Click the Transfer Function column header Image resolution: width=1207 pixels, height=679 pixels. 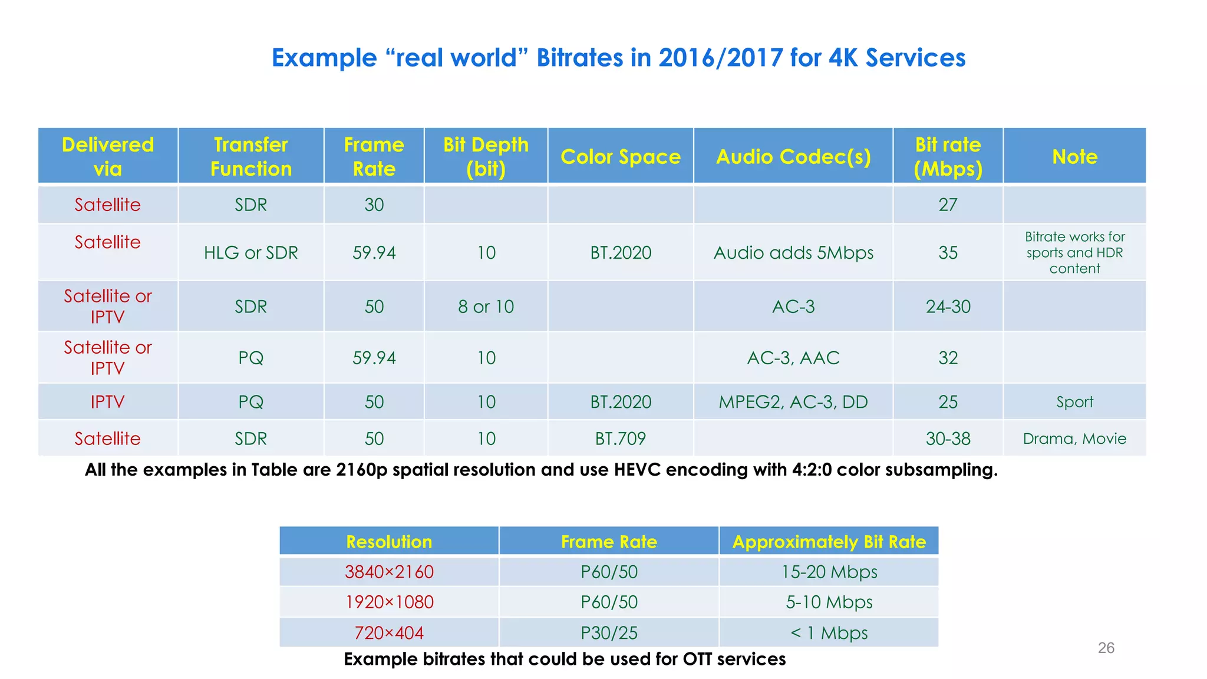coord(250,157)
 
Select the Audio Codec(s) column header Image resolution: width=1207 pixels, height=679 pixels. coord(793,157)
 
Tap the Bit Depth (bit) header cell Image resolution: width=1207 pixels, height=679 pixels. coord(486,157)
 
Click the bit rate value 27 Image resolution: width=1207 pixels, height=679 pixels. coord(948,205)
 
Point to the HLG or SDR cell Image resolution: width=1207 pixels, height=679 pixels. coord(250,253)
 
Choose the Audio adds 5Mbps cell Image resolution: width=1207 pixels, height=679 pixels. coord(793,253)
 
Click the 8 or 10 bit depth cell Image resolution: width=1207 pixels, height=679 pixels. coord(486,306)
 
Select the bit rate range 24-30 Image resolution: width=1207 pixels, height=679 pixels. coord(948,306)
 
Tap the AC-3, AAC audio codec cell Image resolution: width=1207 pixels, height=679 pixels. coord(793,358)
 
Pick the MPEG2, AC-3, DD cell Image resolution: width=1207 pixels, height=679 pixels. coord(793,402)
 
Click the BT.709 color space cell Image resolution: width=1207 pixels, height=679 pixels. coord(620,439)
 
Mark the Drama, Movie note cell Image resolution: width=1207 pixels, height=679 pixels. coord(1074,439)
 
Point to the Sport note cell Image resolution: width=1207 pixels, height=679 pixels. coord(1074,402)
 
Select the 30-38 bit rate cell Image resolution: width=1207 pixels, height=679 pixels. coord(948,439)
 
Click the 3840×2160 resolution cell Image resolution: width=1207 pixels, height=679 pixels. coord(389,572)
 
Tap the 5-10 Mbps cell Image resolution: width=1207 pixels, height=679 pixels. coord(829,602)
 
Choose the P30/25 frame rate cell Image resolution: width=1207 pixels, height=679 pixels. coord(609,633)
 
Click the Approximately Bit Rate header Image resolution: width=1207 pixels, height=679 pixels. coord(829,542)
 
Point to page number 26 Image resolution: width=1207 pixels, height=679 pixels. coord(1106,648)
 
